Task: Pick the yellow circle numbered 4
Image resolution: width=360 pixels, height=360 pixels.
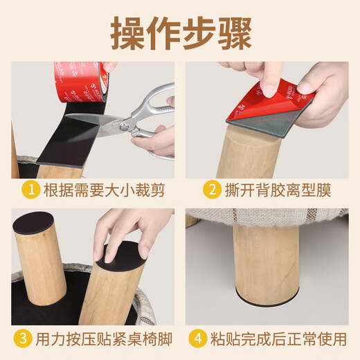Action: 198,339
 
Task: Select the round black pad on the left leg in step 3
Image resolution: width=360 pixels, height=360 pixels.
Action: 34,224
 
